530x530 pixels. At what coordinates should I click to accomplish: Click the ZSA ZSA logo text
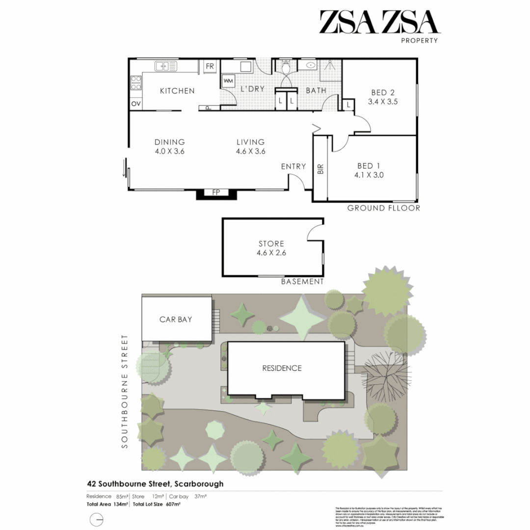378,22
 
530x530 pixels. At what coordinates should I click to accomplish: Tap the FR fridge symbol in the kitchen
210,66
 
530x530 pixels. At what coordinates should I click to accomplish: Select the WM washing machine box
228,80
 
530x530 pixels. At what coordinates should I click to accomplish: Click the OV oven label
135,104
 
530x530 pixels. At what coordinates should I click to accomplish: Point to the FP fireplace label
215,192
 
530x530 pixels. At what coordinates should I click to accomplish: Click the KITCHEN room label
177,91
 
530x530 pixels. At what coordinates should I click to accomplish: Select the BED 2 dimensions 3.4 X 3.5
382,102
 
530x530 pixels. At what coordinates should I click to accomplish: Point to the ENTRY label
293,167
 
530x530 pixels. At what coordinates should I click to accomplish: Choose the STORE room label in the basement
271,243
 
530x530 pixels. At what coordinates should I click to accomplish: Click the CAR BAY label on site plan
176,319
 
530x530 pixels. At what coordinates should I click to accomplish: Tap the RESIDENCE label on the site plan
282,368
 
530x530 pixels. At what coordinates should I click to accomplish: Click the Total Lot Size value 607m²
174,504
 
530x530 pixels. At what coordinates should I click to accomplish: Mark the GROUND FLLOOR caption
384,208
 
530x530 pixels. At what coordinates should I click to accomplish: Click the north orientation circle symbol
97,519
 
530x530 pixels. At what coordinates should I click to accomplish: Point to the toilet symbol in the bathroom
286,65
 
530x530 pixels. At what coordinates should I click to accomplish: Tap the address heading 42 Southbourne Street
155,483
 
